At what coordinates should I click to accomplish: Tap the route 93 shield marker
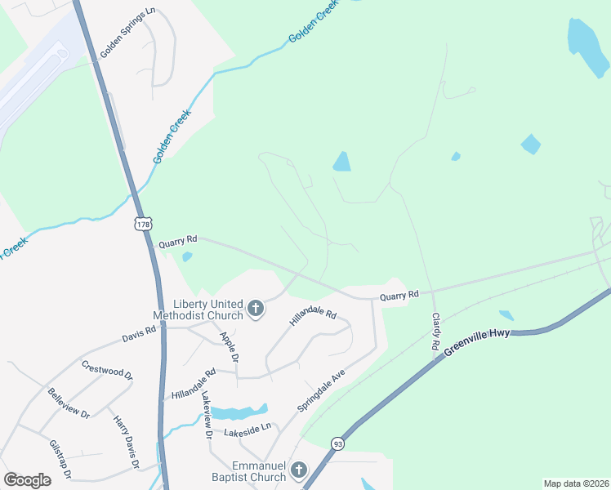(337, 443)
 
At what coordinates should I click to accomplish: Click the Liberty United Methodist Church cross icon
(256, 309)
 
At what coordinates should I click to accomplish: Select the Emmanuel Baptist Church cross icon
(299, 470)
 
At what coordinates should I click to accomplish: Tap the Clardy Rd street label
(436, 332)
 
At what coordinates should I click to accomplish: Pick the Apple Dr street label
(229, 347)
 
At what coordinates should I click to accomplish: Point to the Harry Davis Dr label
(124, 441)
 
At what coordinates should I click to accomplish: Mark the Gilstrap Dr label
(60, 459)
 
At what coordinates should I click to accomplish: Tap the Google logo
(28, 479)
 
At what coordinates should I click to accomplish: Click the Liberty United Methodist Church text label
(198, 310)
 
